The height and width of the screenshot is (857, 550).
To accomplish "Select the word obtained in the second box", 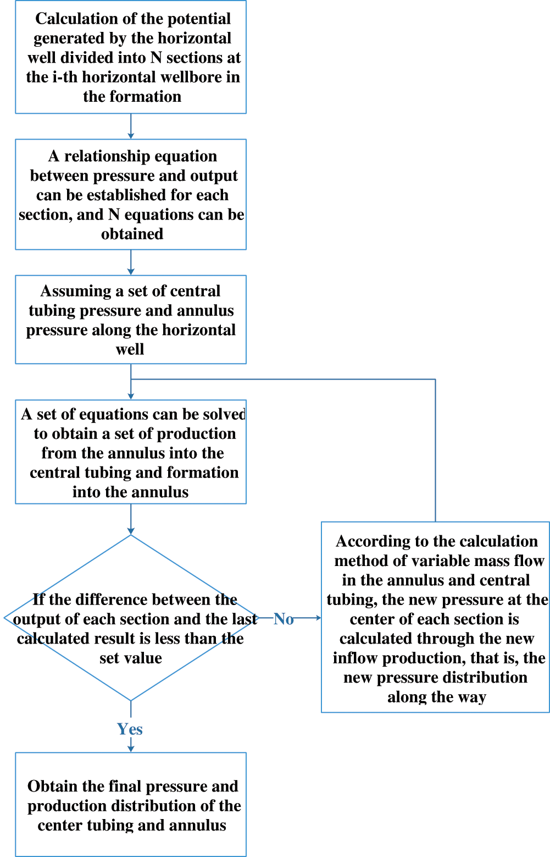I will click(x=132, y=234).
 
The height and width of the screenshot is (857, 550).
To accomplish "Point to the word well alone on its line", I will click(x=130, y=349).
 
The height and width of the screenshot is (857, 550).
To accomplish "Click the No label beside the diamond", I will click(x=284, y=619).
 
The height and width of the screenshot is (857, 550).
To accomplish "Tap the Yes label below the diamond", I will click(x=130, y=729).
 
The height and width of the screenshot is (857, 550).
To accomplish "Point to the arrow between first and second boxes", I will click(x=131, y=127).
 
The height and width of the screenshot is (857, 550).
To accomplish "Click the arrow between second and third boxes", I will click(x=131, y=263).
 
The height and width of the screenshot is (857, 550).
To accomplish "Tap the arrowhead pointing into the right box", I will click(x=318, y=618).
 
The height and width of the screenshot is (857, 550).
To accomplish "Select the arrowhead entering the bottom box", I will click(x=131, y=748).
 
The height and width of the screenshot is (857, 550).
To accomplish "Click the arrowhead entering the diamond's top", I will click(x=131, y=531).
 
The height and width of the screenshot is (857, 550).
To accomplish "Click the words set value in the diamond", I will click(x=131, y=658).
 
